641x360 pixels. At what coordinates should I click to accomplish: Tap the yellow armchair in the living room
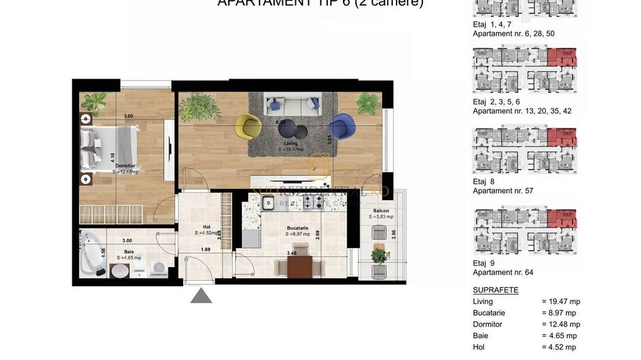[x=249, y=126]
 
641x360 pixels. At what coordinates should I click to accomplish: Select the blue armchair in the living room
[x=338, y=128]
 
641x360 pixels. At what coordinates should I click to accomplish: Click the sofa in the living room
[x=292, y=103]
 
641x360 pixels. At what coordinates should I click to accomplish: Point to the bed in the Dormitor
[x=107, y=148]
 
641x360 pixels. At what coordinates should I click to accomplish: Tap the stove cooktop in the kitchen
[x=316, y=202]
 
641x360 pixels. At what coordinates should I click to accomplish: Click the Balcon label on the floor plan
[x=381, y=211]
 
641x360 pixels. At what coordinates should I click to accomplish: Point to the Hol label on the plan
[x=206, y=227]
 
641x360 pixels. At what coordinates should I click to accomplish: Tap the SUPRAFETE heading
[x=495, y=290]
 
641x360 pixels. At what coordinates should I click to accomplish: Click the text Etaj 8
[x=483, y=182]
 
